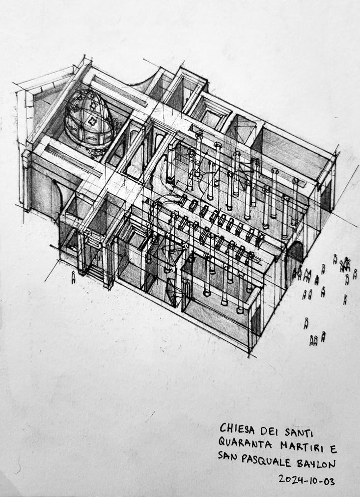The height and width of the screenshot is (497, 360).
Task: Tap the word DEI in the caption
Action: point(272,431)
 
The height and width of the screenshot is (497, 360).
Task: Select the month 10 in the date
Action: point(312,480)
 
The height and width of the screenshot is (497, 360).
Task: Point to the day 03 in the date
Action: point(330,481)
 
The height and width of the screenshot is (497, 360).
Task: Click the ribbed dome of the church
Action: point(88,118)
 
